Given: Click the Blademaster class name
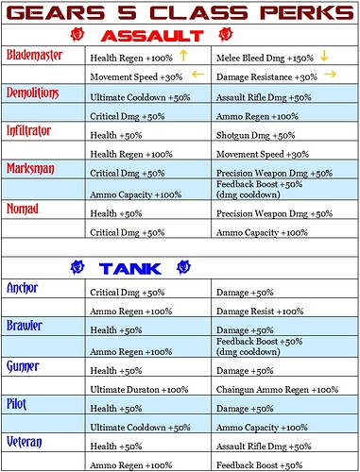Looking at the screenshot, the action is point(35,56).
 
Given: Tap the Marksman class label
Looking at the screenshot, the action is point(30,168).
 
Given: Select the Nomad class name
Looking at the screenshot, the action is point(23,207).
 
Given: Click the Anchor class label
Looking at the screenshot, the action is point(23,287).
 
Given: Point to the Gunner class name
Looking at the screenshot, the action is point(24,363).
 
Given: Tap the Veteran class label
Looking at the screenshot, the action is point(26,440).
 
